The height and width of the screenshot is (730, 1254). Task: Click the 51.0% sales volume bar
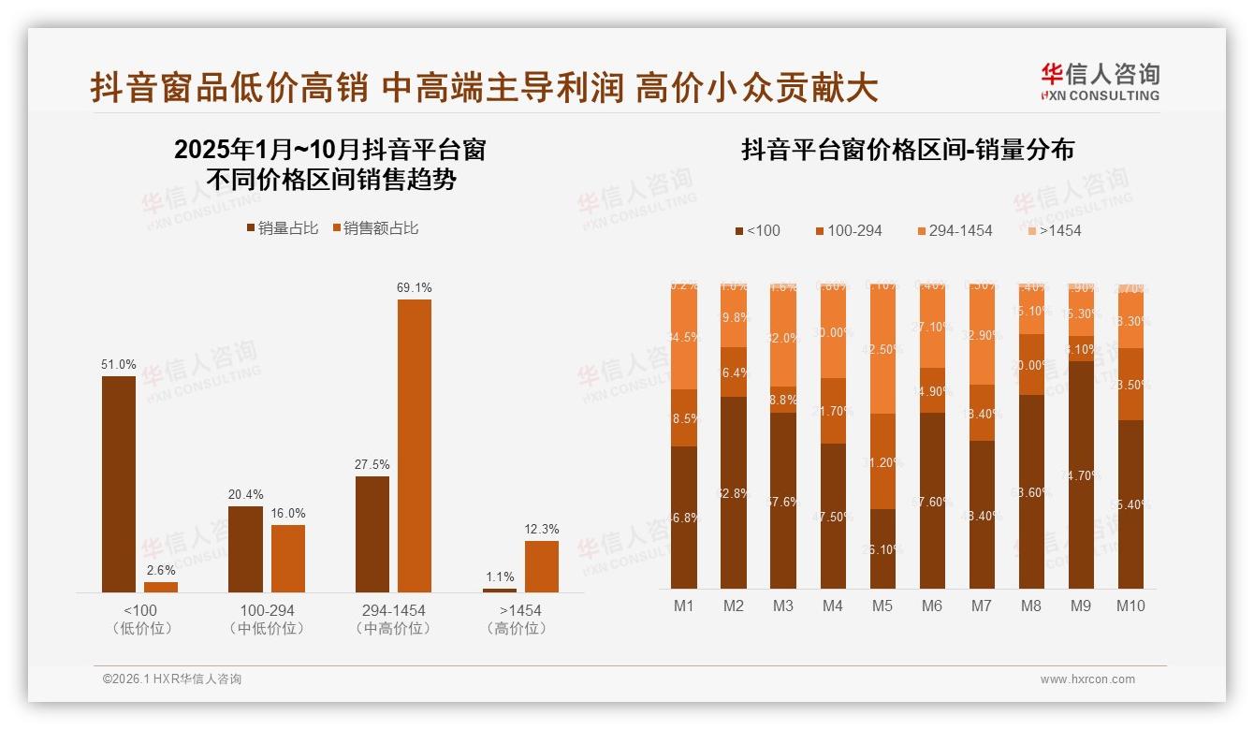pyautogui.click(x=119, y=484)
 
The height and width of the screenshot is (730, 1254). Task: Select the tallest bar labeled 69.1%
pyautogui.click(x=415, y=445)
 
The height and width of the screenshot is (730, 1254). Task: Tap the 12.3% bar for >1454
pyautogui.click(x=541, y=566)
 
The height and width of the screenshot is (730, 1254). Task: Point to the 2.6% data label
pyautogui.click(x=161, y=570)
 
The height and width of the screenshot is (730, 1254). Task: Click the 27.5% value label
pyautogui.click(x=372, y=464)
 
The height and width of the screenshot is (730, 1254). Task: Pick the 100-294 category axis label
pyautogui.click(x=267, y=610)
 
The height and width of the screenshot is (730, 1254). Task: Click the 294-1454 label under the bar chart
pyautogui.click(x=393, y=610)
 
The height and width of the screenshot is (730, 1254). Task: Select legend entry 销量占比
pyautogui.click(x=282, y=227)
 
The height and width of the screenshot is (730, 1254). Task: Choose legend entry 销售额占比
pyautogui.click(x=375, y=227)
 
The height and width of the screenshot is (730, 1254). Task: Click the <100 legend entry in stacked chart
pyautogui.click(x=758, y=230)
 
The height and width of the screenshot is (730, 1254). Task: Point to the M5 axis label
pyautogui.click(x=882, y=606)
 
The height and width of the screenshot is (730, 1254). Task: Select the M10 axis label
pyautogui.click(x=1130, y=606)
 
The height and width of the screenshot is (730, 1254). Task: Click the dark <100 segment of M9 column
pyautogui.click(x=1081, y=474)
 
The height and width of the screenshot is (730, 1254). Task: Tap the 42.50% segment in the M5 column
pyautogui.click(x=882, y=349)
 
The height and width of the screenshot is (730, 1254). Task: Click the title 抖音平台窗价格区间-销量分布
pyautogui.click(x=907, y=151)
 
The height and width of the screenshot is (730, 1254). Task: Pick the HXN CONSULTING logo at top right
pyautogui.click(x=1100, y=81)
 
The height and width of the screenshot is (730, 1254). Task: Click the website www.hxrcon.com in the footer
pyautogui.click(x=1087, y=679)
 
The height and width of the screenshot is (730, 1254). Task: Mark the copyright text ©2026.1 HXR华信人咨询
pyautogui.click(x=172, y=679)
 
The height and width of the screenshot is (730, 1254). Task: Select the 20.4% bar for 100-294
pyautogui.click(x=245, y=549)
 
